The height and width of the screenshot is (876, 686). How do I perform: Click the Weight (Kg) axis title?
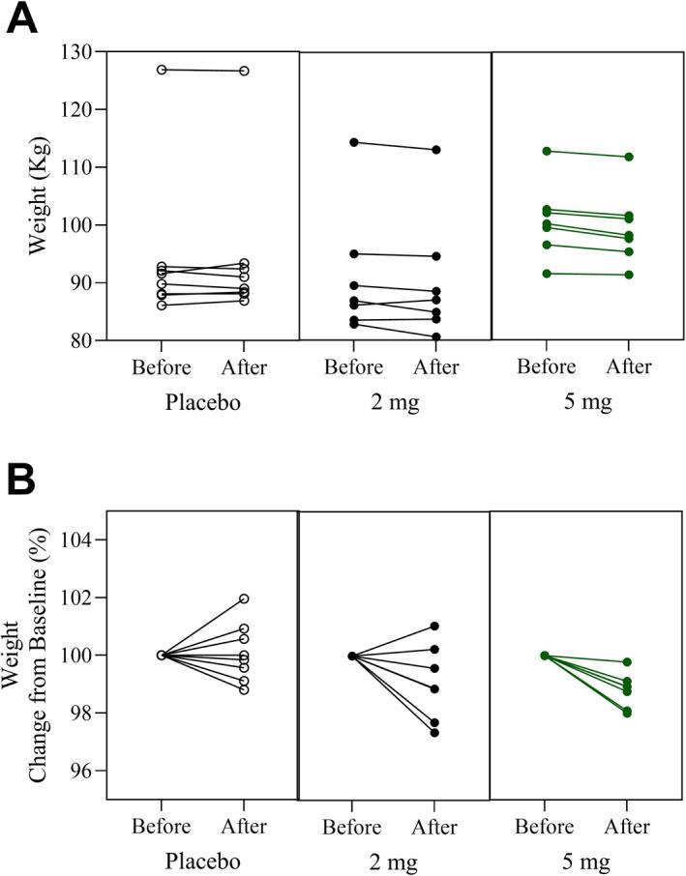tap(39, 196)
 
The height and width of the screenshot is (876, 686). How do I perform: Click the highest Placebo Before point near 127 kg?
tap(161, 70)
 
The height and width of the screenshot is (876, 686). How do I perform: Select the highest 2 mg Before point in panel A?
tap(354, 142)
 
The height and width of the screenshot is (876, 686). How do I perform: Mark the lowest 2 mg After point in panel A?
tap(436, 337)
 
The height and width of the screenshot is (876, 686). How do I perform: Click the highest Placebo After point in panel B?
tap(244, 599)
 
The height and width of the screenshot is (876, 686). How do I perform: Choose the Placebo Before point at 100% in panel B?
tap(161, 655)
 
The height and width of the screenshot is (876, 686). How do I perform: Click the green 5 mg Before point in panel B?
tap(546, 656)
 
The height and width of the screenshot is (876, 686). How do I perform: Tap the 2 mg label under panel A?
tap(394, 402)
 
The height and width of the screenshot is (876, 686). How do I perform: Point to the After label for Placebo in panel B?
tap(244, 828)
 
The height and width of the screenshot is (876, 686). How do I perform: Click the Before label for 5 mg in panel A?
tap(546, 367)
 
